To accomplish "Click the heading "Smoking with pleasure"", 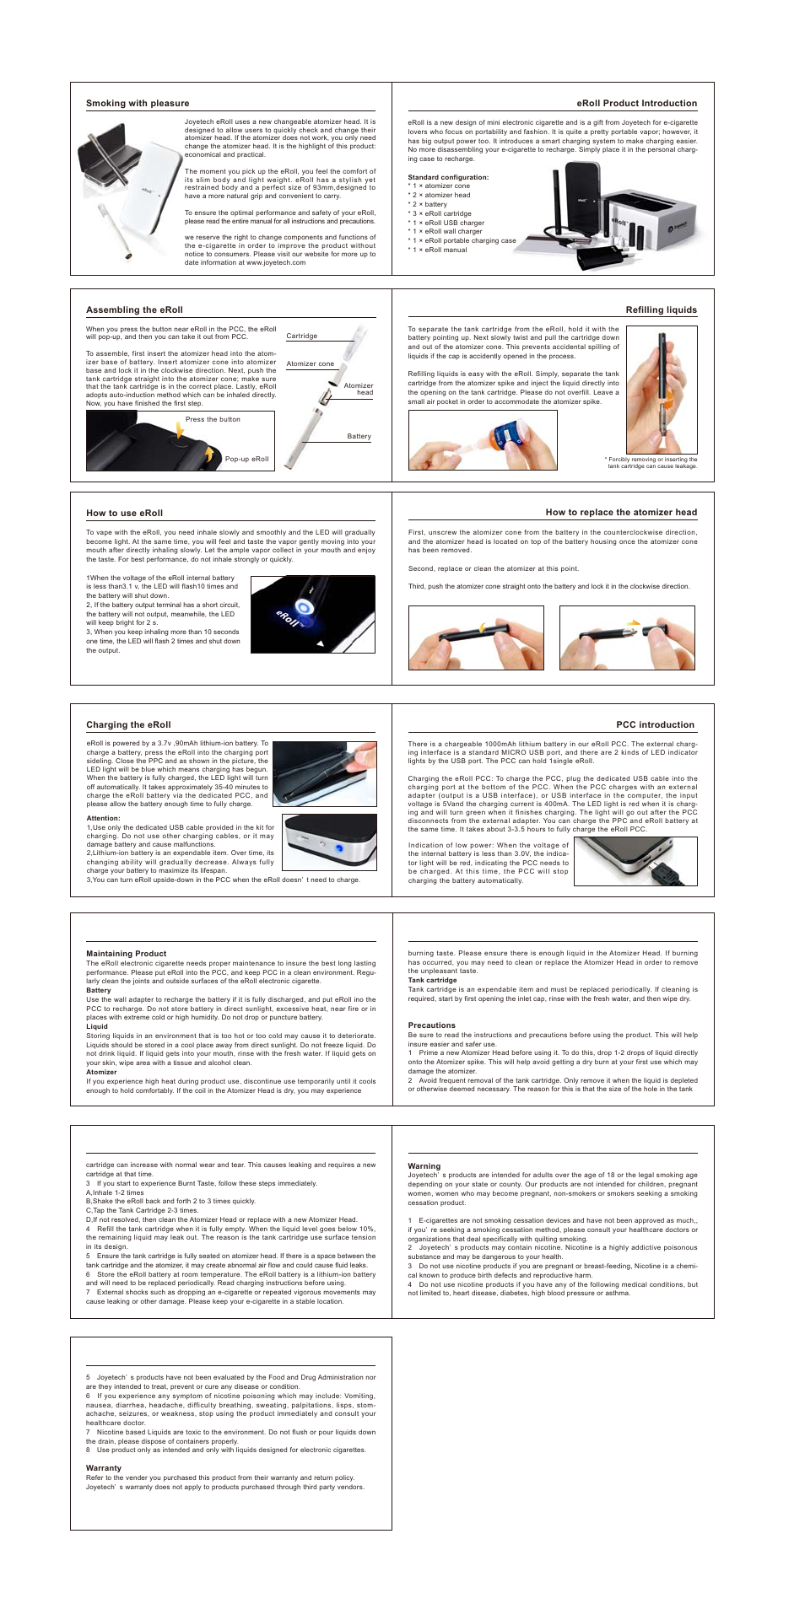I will click(x=138, y=104).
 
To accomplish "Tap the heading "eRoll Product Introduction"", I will click(x=636, y=104).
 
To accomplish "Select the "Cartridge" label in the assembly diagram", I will click(x=302, y=336).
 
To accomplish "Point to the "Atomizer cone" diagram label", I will click(x=310, y=364).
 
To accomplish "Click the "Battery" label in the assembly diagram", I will click(x=359, y=437).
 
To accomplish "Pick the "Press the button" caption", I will click(x=213, y=420).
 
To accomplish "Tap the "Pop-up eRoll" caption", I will click(x=246, y=460).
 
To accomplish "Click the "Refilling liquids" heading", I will click(x=661, y=310).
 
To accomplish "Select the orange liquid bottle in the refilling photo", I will click(x=504, y=441).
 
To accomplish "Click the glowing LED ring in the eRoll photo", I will click(x=303, y=605).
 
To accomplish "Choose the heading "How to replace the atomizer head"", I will click(x=621, y=513).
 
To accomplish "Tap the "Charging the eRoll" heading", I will click(x=128, y=725).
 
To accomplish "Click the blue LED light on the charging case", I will click(x=339, y=848).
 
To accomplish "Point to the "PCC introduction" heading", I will click(x=655, y=725).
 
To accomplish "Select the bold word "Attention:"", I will click(x=103, y=819).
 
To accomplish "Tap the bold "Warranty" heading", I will click(x=104, y=1468).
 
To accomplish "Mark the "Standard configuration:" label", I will click(x=448, y=178).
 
